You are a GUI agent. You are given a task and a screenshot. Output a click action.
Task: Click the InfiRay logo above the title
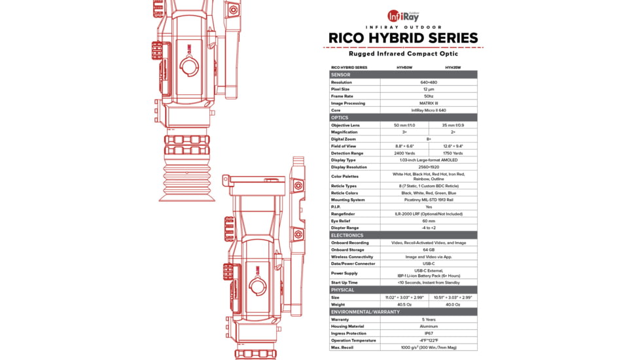pyautogui.click(x=403, y=16)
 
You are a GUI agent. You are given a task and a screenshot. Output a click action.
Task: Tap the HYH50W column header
pyautogui.click(x=404, y=67)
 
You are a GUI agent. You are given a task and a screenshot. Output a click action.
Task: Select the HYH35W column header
pyautogui.click(x=453, y=67)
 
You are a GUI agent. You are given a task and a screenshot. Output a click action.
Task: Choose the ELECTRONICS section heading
pyautogui.click(x=347, y=235)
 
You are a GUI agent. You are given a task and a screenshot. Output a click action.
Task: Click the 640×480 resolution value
pyautogui.click(x=429, y=82)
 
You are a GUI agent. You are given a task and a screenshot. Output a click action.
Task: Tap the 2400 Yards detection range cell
pyautogui.click(x=404, y=153)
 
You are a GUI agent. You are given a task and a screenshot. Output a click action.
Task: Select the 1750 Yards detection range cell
pyautogui.click(x=453, y=153)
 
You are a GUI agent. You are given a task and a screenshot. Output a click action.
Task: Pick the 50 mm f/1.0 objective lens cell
pyautogui.click(x=404, y=125)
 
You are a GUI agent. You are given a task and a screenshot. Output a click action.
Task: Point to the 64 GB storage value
pyautogui.click(x=429, y=249)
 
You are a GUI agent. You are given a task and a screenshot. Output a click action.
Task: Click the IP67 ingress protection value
pyautogui.click(x=429, y=333)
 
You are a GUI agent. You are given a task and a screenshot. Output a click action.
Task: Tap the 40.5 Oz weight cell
pyautogui.click(x=404, y=304)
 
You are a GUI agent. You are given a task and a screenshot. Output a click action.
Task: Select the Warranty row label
pyautogui.click(x=340, y=319)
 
